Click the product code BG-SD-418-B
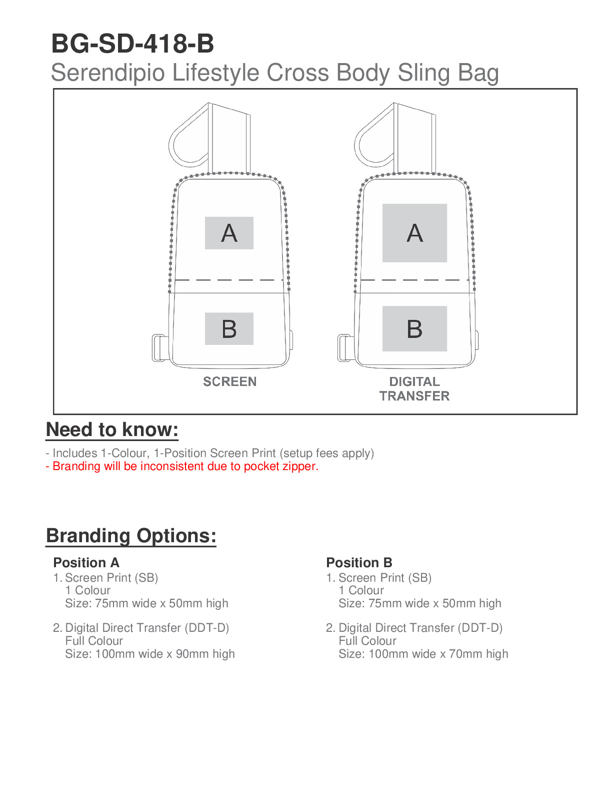[132, 44]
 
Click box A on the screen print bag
[229, 233]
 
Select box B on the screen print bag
[229, 329]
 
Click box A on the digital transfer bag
[414, 233]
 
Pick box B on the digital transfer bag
[414, 329]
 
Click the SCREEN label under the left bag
[229, 381]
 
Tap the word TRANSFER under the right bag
[414, 396]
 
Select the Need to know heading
[112, 430]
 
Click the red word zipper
[300, 467]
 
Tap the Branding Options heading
[131, 536]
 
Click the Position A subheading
[86, 563]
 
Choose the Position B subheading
[359, 563]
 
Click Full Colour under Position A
[94, 641]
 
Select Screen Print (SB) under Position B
[385, 578]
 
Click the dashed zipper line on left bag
[228, 280]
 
